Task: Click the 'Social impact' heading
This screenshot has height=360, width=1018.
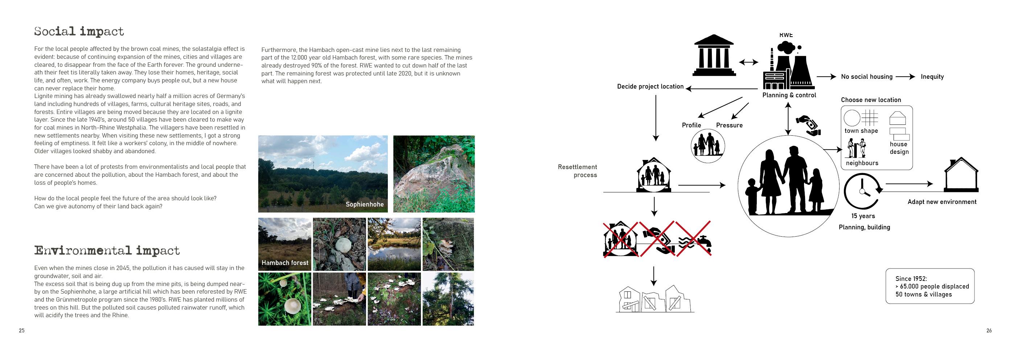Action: pos(79,32)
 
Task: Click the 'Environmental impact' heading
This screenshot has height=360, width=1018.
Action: pos(107,250)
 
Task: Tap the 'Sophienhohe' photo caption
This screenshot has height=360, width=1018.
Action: pos(364,204)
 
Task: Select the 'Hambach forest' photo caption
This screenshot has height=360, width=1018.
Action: pos(285,263)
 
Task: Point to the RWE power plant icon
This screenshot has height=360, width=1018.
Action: pos(787,67)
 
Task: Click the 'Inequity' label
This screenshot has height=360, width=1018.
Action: pos(932,77)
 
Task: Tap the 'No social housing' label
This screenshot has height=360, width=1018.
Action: pos(867,77)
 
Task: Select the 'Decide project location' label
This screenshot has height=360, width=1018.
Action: pos(650,86)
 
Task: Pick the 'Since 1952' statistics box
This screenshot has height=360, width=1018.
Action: pos(930,286)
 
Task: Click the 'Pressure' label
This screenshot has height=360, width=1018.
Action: pos(729,125)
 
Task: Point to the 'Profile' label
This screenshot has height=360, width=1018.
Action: pos(691,125)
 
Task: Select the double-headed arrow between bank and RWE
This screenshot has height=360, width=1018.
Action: pos(748,62)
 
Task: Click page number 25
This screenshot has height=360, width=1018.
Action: pos(22,330)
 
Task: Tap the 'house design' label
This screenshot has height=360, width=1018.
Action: pos(899,148)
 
